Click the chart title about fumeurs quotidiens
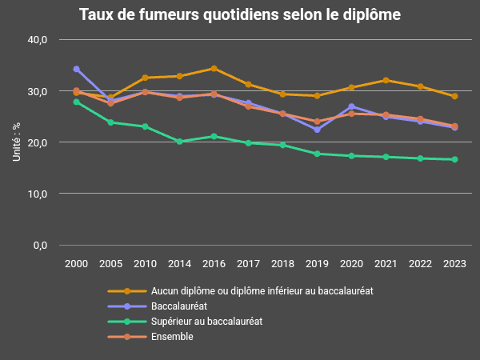(240, 15)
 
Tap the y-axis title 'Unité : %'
(17, 142)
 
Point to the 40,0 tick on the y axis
(38, 40)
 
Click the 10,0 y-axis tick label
(38, 194)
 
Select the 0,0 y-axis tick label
(41, 245)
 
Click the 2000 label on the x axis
(76, 264)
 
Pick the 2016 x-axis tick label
(214, 264)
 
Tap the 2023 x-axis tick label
(454, 264)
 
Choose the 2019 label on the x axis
(317, 264)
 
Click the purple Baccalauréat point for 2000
(76, 69)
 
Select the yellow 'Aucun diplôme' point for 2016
(214, 69)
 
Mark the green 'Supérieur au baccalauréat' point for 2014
(179, 142)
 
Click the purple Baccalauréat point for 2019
(317, 130)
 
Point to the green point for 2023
(454, 159)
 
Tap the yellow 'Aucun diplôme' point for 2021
(386, 80)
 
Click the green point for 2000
(76, 102)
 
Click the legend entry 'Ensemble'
(172, 337)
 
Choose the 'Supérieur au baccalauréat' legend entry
(206, 322)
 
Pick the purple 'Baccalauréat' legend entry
(181, 306)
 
